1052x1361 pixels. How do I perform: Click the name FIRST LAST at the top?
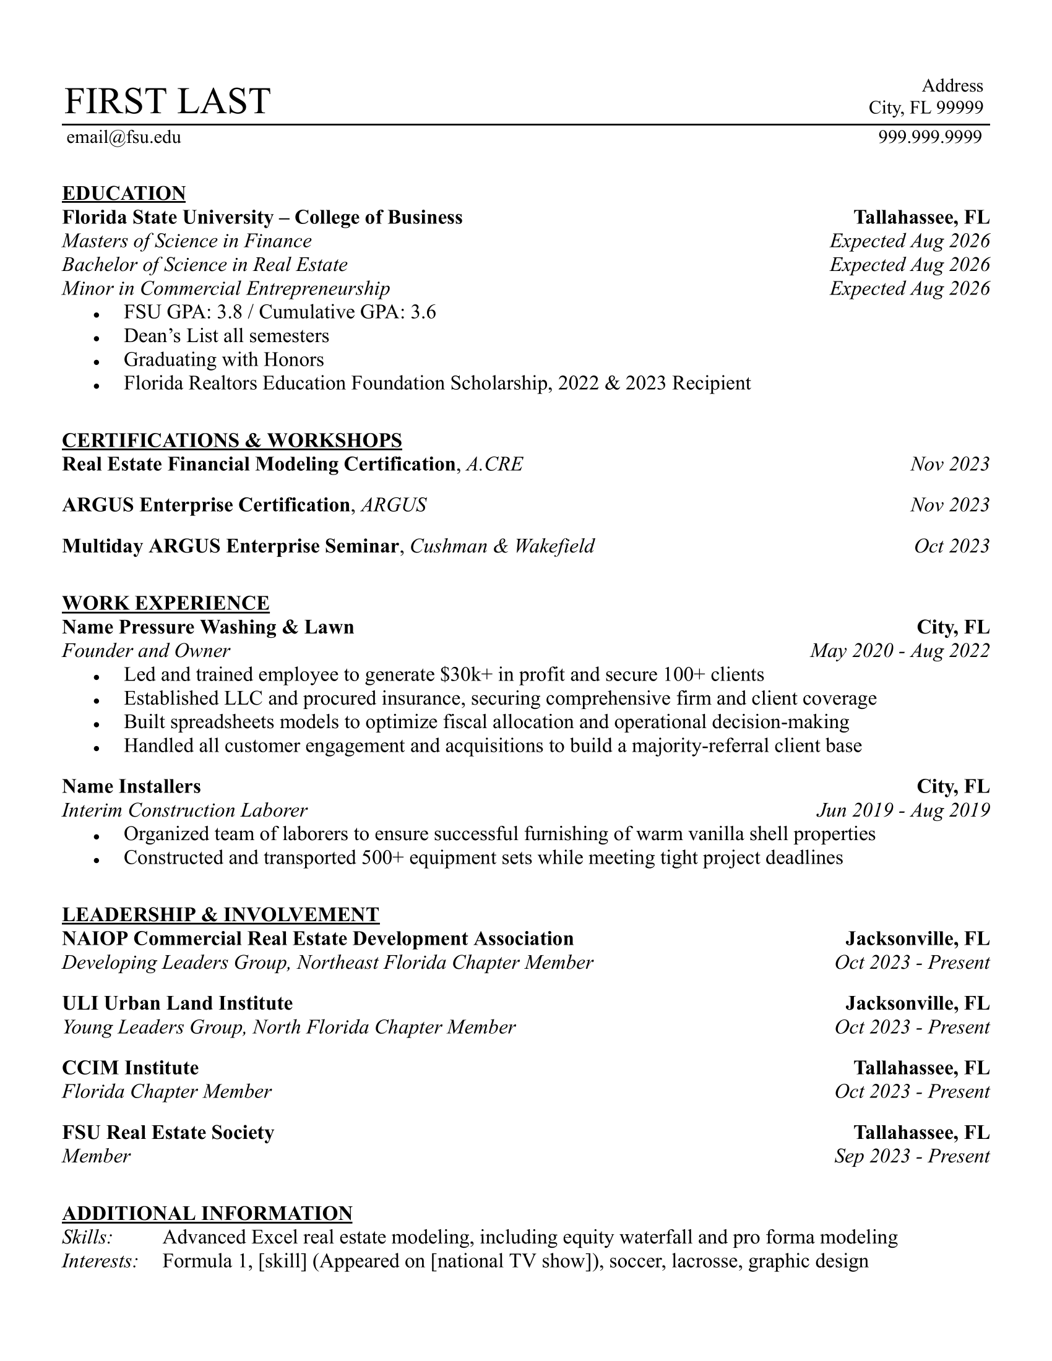[x=167, y=101]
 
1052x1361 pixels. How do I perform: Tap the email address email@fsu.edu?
[x=123, y=137]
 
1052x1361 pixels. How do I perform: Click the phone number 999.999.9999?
[x=930, y=137]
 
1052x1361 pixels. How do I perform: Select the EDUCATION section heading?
[x=123, y=193]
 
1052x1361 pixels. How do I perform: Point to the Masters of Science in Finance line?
[x=186, y=241]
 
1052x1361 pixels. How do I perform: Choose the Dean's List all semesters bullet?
[x=226, y=336]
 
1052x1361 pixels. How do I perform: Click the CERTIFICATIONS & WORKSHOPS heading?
[x=232, y=440]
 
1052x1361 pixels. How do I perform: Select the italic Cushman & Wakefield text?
[x=502, y=546]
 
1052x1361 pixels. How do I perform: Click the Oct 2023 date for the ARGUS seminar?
[x=951, y=546]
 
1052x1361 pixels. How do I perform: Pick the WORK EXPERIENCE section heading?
[x=166, y=603]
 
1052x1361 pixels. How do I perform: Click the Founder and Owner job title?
[x=146, y=651]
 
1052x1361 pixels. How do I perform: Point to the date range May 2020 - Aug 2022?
[x=899, y=651]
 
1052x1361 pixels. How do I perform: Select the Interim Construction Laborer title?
[x=184, y=811]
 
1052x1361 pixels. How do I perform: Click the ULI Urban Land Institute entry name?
[x=177, y=1003]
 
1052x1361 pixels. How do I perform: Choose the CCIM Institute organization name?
[x=130, y=1068]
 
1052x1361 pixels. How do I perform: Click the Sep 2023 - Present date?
[x=912, y=1157]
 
